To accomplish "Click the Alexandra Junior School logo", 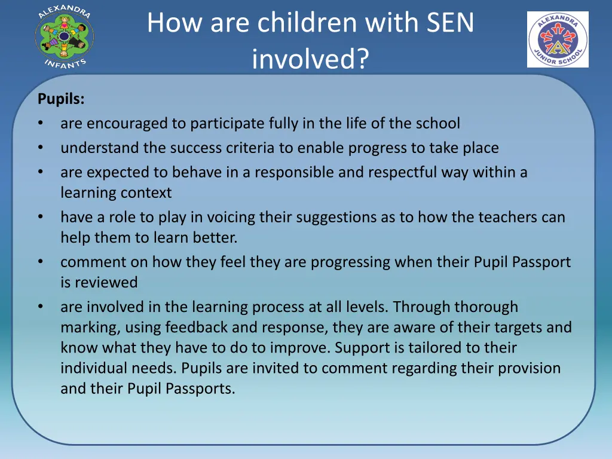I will coord(558,39).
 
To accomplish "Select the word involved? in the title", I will coord(310,59).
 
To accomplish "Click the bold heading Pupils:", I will coord(61,99).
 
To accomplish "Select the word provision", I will coord(528,368).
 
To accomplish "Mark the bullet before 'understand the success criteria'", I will coord(40,148).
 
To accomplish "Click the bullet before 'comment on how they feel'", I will coord(40,262).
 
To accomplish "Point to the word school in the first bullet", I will coord(438,124).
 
